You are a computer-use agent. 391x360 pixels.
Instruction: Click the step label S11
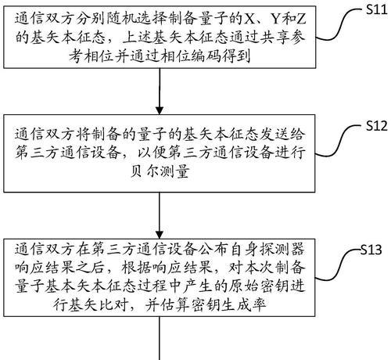coord(376,9)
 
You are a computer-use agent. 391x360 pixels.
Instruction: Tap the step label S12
coord(376,126)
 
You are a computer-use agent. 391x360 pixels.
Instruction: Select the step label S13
coord(371,250)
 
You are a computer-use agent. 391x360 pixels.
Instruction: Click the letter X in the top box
coord(249,19)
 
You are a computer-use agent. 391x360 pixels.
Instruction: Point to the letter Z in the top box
coord(300,19)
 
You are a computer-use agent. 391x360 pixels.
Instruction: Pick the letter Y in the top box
coord(277,19)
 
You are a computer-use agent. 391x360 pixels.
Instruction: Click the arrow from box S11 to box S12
coord(160,92)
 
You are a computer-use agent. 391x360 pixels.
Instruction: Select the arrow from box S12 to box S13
coord(160,215)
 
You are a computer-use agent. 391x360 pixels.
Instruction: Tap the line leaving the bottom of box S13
coord(160,338)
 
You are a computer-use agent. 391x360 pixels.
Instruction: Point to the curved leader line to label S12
coord(340,141)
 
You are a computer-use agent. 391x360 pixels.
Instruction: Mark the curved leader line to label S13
coord(338,265)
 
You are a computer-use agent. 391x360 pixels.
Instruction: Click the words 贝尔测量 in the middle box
coord(160,171)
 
